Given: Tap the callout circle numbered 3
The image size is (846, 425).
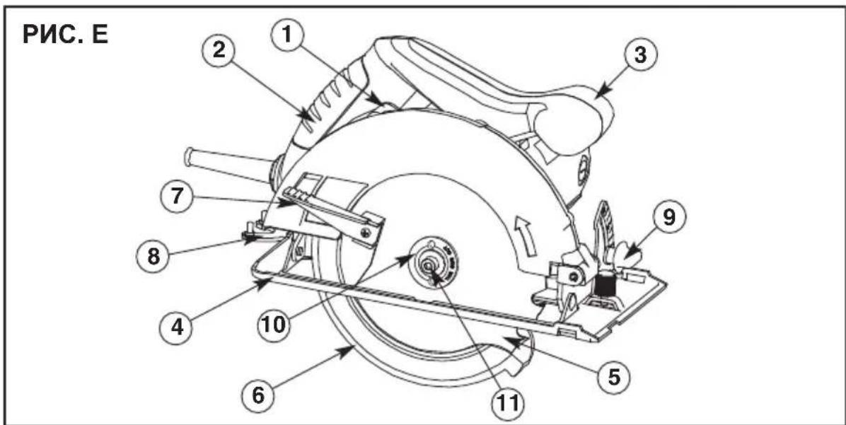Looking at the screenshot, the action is coord(640,56).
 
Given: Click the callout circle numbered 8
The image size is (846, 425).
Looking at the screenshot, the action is coord(153,255).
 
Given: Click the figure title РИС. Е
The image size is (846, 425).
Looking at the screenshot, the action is coord(65,35).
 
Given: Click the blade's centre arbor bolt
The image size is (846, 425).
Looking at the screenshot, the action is coord(430,266).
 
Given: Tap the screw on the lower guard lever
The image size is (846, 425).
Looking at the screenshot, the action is coord(366,233).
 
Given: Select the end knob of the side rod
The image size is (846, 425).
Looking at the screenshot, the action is coord(188,157).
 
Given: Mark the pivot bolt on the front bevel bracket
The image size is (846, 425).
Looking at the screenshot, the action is coord(574,277).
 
